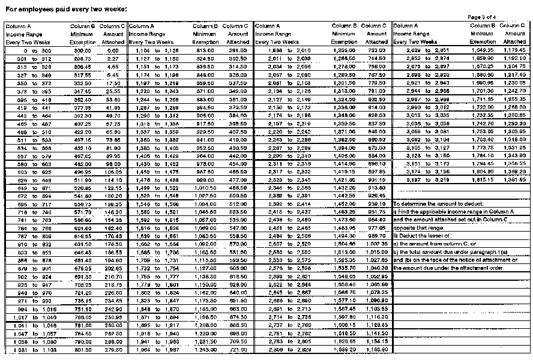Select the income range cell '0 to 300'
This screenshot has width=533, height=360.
point(22,51)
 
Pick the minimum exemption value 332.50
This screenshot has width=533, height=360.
point(82,83)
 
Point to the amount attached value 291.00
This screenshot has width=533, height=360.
point(238,51)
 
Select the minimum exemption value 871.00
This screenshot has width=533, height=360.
point(205,91)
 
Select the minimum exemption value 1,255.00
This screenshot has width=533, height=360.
point(344,51)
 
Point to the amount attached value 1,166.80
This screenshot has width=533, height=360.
point(376,349)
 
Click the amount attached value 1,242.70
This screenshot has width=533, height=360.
point(514,91)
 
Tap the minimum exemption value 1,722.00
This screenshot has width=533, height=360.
point(482,106)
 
